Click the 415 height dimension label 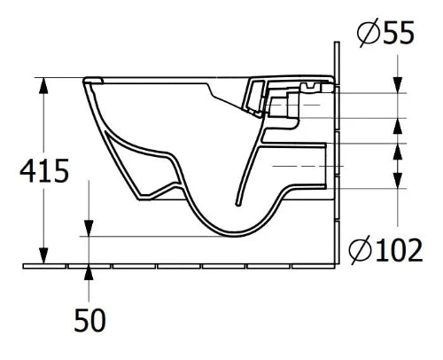pyautogui.click(x=44, y=170)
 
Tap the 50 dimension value pyautogui.click(x=89, y=320)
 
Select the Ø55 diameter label pyautogui.click(x=385, y=32)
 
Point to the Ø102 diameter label pyautogui.click(x=385, y=250)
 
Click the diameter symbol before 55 pyautogui.click(x=368, y=33)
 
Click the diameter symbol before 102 pyautogui.click(x=360, y=250)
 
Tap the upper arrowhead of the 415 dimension pyautogui.click(x=43, y=86)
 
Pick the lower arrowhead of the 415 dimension pyautogui.click(x=43, y=255)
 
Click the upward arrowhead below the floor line pyautogui.click(x=89, y=272)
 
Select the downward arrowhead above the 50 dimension pyautogui.click(x=89, y=228)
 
